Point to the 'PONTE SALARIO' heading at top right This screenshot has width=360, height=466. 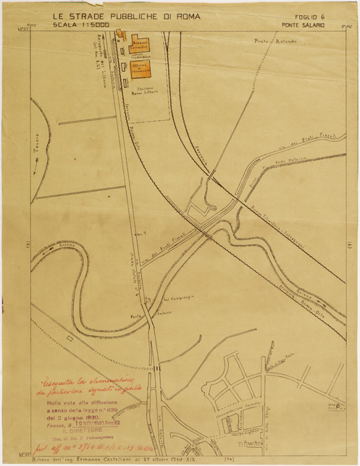[x=303, y=25]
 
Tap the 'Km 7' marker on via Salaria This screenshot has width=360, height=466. [x=141, y=232]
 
